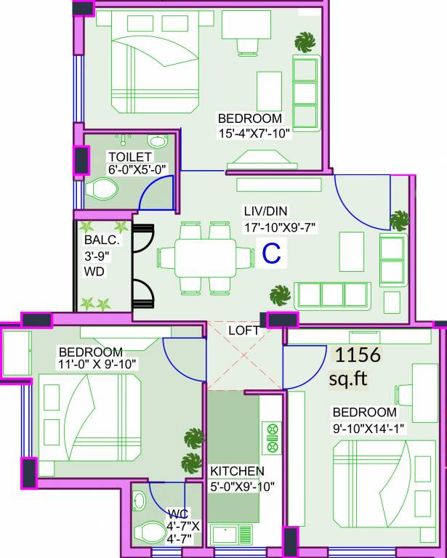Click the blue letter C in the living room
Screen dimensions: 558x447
pyautogui.click(x=271, y=254)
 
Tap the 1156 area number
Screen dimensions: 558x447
pyautogui.click(x=357, y=355)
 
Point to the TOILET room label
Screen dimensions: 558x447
pyautogui.click(x=129, y=157)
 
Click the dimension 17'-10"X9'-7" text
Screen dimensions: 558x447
pyautogui.click(x=279, y=227)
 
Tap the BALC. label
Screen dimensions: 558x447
pyautogui.click(x=97, y=240)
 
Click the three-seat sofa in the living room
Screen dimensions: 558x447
pyautogui.click(x=332, y=295)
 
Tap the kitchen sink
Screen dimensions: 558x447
pyautogui.click(x=231, y=537)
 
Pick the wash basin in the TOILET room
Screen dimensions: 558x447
pyautogui.click(x=156, y=141)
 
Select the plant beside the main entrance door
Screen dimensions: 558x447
pyautogui.click(x=398, y=219)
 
